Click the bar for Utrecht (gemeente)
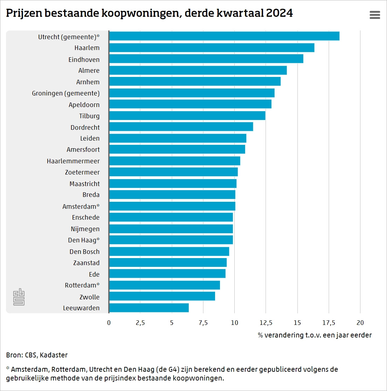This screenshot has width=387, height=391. (x=224, y=36)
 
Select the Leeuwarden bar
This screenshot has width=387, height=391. (x=149, y=308)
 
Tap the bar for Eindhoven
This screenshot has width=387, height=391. (x=206, y=59)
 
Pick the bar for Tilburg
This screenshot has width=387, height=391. (x=187, y=115)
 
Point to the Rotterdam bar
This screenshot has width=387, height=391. (x=164, y=285)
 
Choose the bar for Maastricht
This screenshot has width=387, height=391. (x=173, y=183)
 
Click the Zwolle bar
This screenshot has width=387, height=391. (x=162, y=297)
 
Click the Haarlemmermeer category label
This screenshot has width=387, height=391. (x=73, y=161)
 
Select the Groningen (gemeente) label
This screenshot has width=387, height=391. (x=66, y=93)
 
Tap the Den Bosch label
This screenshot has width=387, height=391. (x=84, y=252)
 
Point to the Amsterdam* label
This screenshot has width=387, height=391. (x=81, y=206)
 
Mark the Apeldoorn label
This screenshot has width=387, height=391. (x=84, y=105)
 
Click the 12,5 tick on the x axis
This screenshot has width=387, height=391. (x=266, y=323)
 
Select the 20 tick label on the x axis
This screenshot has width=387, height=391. (x=360, y=323)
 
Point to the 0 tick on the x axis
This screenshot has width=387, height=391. (x=109, y=323)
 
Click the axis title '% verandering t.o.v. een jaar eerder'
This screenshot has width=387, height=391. (x=315, y=335)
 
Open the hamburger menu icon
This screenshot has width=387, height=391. (x=375, y=15)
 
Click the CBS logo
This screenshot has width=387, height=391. (x=19, y=297)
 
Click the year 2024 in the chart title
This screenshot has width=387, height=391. (x=279, y=13)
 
